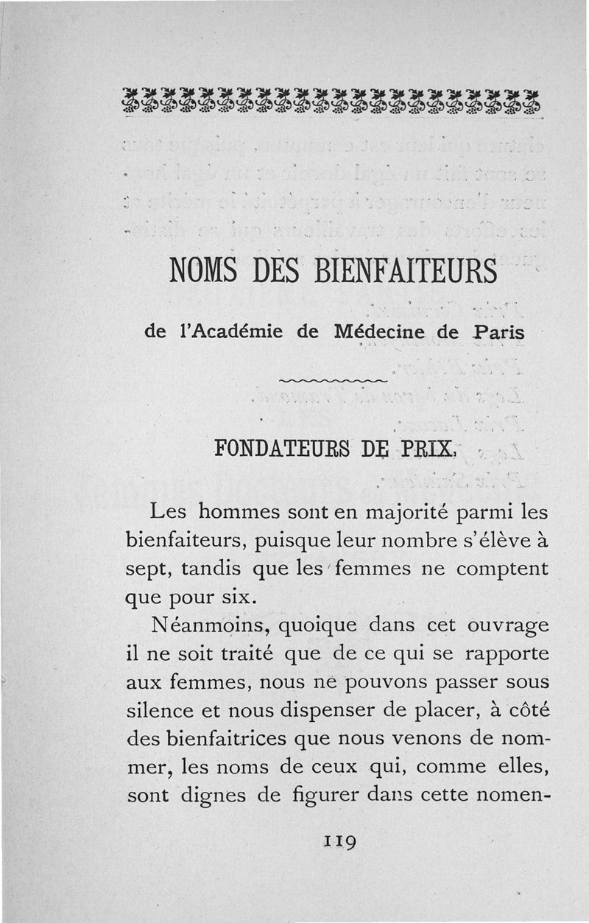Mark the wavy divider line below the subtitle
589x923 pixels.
(x=334, y=380)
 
